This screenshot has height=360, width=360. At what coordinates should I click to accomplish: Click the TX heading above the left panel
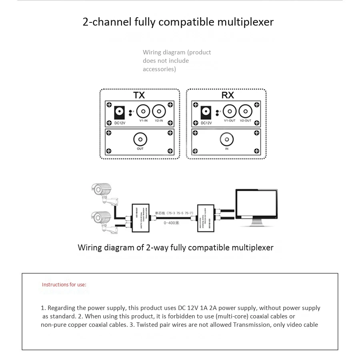coord(139,95)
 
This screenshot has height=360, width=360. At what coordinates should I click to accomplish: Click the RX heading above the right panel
coord(227,95)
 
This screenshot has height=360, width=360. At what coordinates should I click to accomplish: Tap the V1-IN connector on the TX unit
coord(143,111)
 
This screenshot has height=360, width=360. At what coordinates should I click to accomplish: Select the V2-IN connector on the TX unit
coord(159,111)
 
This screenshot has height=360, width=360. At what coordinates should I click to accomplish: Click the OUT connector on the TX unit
coord(140,139)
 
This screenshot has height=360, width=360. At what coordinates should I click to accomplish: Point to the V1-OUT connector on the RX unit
coord(230,111)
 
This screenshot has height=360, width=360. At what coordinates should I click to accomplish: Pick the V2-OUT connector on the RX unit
coord(245,111)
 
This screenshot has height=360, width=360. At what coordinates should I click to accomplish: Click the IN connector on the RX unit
coord(226,139)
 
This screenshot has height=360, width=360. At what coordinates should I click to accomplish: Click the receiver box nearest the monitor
coord(206,218)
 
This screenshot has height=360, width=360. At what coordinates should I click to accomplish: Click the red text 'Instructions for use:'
coord(64,285)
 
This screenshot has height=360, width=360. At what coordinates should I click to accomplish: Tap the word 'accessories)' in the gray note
coord(159,69)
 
